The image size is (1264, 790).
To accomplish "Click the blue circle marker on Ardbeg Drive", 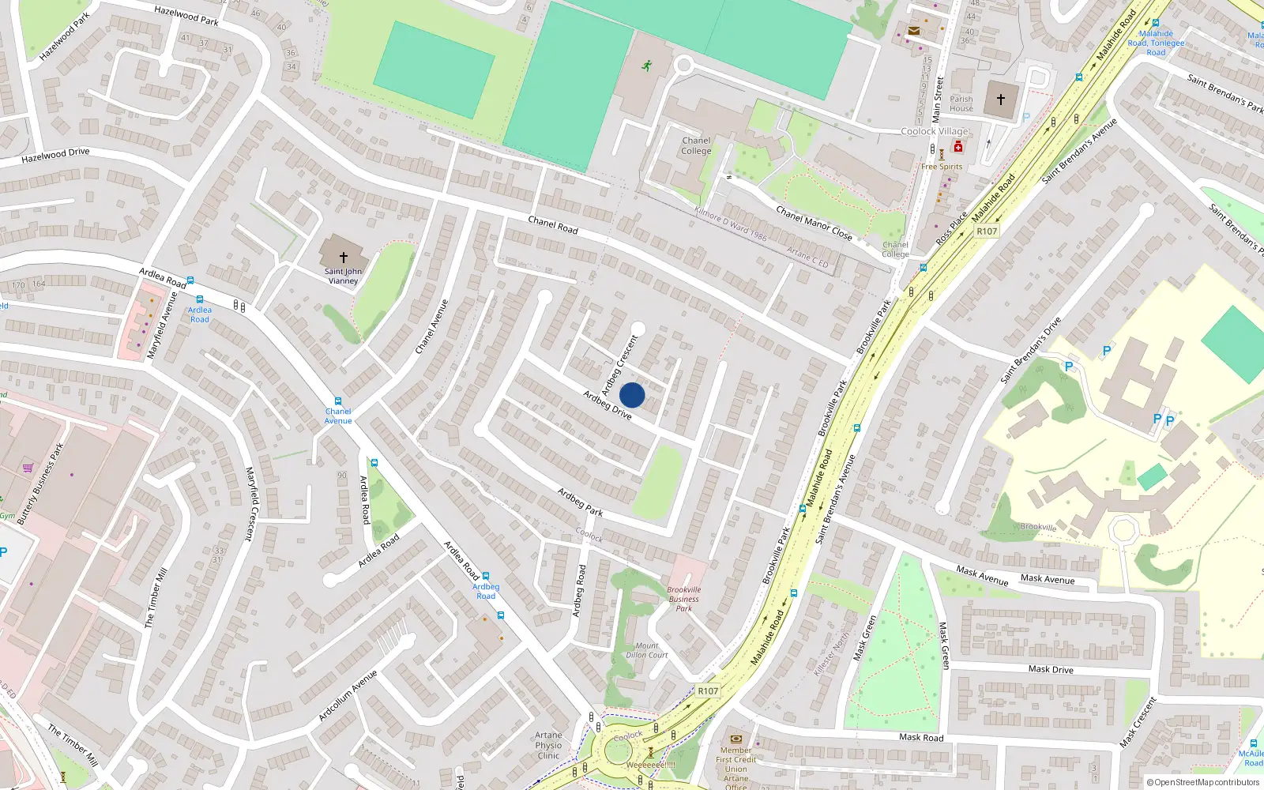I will (x=632, y=395).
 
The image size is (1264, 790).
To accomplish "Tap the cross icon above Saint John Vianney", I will (x=344, y=257).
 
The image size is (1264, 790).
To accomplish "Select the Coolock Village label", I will (x=935, y=131).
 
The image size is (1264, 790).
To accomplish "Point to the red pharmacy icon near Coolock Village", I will (x=958, y=147).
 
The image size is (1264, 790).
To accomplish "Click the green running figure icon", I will (x=648, y=66).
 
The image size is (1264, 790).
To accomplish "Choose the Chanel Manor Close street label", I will (x=814, y=224).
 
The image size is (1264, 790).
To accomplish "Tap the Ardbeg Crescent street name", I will (x=619, y=365).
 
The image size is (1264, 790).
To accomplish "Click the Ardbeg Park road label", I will (x=580, y=502).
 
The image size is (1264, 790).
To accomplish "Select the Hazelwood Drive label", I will (x=55, y=156).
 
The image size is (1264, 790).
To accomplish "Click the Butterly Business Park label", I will (x=40, y=484).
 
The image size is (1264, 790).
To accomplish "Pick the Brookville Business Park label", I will (x=684, y=599).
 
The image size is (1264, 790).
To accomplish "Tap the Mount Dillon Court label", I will (x=647, y=650).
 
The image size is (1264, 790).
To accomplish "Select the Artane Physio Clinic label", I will (x=548, y=745).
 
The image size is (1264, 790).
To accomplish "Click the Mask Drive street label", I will (x=1051, y=669).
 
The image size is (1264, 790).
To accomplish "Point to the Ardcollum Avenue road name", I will (x=348, y=696).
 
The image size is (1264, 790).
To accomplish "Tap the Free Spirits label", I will (x=942, y=167).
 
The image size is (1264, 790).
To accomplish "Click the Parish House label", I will (x=961, y=104).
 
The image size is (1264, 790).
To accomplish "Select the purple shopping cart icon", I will (x=28, y=467).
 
